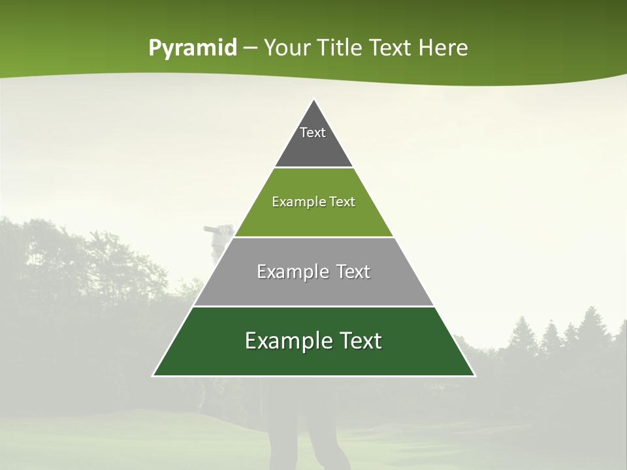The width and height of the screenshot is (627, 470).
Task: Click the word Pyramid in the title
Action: pyautogui.click(x=192, y=48)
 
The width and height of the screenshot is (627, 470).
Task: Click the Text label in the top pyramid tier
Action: pyautogui.click(x=313, y=133)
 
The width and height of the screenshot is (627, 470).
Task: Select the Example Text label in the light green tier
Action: pyautogui.click(x=313, y=202)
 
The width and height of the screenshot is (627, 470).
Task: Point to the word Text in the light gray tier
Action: pyautogui.click(x=353, y=272)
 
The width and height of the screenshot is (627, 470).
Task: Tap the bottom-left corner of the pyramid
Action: pyautogui.click(x=153, y=375)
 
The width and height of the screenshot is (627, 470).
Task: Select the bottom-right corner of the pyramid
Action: pyautogui.click(x=474, y=375)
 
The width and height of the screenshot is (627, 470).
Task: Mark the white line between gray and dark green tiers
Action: pyautogui.click(x=313, y=306)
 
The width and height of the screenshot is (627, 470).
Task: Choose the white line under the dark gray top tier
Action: pyautogui.click(x=313, y=167)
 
